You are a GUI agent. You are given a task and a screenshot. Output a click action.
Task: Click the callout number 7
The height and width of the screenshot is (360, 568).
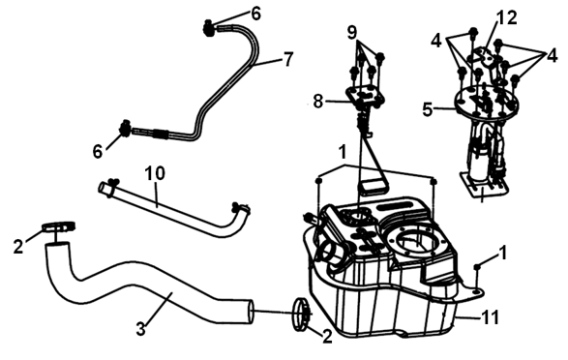[x=288, y=59]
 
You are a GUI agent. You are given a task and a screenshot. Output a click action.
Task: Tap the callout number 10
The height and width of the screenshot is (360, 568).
[x=155, y=173]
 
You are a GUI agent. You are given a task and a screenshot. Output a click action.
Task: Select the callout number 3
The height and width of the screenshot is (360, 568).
[x=141, y=329]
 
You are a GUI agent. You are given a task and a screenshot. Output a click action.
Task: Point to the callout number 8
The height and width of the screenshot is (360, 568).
[x=317, y=102]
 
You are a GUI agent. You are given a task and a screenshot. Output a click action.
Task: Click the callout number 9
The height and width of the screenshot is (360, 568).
[x=352, y=33]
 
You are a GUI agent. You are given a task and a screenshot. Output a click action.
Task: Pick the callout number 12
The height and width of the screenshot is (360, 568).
[x=506, y=17]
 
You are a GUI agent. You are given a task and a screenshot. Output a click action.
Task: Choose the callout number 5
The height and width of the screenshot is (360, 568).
[x=428, y=109]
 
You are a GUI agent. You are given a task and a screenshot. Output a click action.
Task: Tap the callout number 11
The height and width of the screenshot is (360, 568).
[x=491, y=316]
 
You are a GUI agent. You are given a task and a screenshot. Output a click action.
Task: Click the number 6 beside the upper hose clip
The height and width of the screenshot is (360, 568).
[x=255, y=14]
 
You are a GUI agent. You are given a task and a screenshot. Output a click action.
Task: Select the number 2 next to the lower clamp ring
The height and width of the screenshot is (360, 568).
[x=327, y=337]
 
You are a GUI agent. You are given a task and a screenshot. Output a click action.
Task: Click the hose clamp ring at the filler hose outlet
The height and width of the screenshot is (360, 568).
[x=300, y=315]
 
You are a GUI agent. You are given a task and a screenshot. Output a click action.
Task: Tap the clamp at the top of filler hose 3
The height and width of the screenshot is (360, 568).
[x=58, y=226]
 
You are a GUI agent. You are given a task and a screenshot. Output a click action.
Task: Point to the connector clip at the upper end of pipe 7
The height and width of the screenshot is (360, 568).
[x=208, y=28]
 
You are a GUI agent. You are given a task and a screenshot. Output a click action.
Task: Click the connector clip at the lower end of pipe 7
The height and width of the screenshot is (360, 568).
[x=126, y=129]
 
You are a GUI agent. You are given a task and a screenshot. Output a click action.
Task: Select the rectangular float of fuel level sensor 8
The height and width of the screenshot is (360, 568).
[x=373, y=187]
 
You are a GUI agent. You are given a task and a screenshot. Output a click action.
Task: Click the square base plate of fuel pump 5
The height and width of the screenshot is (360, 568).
[x=483, y=186]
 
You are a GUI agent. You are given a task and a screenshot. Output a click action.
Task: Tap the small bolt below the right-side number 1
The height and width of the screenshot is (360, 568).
[x=477, y=267]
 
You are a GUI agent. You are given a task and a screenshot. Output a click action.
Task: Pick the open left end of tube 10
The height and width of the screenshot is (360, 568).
[x=104, y=188]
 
